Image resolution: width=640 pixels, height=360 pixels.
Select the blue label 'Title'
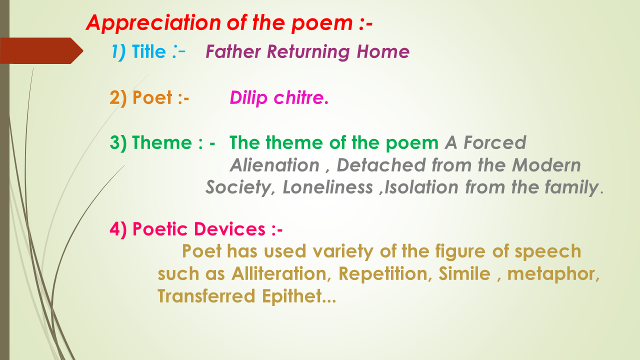[x=148, y=52]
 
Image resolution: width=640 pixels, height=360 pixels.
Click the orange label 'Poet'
[x=152, y=97]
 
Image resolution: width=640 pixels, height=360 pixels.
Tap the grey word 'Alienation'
[x=274, y=165]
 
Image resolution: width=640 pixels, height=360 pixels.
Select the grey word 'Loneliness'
[x=327, y=187]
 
